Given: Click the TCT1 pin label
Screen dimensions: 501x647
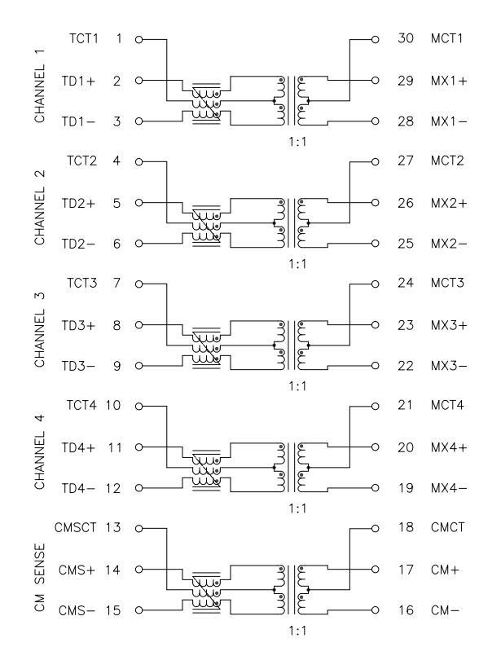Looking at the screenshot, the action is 84,38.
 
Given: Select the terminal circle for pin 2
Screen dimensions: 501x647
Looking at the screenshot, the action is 139,81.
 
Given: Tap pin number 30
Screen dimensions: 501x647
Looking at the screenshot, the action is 406,38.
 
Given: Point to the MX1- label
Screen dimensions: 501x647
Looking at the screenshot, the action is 449,121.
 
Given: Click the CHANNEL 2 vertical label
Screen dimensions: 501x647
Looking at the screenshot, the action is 40,207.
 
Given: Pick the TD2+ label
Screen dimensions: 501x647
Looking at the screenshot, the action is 78,204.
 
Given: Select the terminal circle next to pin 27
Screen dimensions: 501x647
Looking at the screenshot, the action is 375,162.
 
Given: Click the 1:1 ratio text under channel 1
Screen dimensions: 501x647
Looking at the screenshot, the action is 297,142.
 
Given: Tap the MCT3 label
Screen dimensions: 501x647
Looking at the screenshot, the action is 447,283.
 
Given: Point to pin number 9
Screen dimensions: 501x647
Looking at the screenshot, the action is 117,366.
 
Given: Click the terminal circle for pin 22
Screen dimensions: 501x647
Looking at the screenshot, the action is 375,366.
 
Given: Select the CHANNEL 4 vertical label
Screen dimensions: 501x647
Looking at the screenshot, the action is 40,452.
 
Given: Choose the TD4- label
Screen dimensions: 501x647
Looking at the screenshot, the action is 78,489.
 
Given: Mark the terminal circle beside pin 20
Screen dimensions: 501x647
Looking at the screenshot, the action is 375,447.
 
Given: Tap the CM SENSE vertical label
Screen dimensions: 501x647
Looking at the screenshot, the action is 40,577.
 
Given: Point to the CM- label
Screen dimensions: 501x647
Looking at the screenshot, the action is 445,610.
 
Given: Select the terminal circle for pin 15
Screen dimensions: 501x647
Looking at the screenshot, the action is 139,610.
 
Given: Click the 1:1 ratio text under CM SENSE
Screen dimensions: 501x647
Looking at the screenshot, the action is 297,631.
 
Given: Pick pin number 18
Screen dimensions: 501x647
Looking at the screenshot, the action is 406,528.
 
